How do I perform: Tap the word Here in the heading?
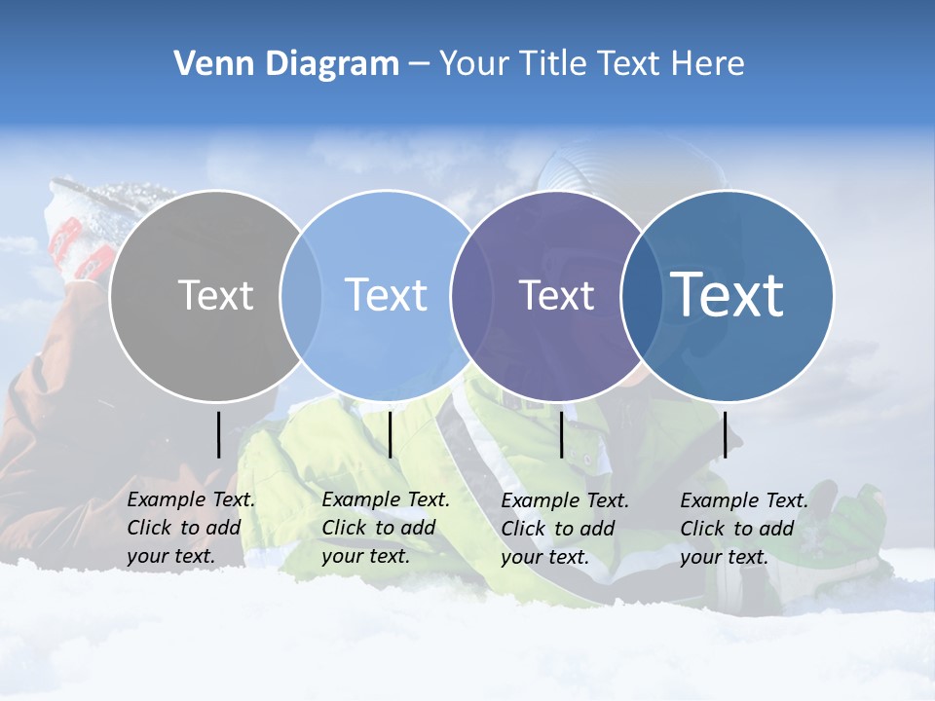tap(707, 64)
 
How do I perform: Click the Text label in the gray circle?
tap(215, 295)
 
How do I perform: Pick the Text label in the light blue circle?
tap(386, 295)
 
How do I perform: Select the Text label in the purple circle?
tap(556, 295)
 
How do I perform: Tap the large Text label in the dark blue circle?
tap(728, 294)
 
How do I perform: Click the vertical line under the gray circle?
tap(218, 434)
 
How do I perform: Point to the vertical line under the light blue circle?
tap(390, 434)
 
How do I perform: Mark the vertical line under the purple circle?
tap(561, 434)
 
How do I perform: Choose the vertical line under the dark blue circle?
tap(725, 434)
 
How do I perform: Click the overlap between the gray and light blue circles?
tap(301, 296)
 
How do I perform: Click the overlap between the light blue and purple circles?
tap(465, 296)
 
